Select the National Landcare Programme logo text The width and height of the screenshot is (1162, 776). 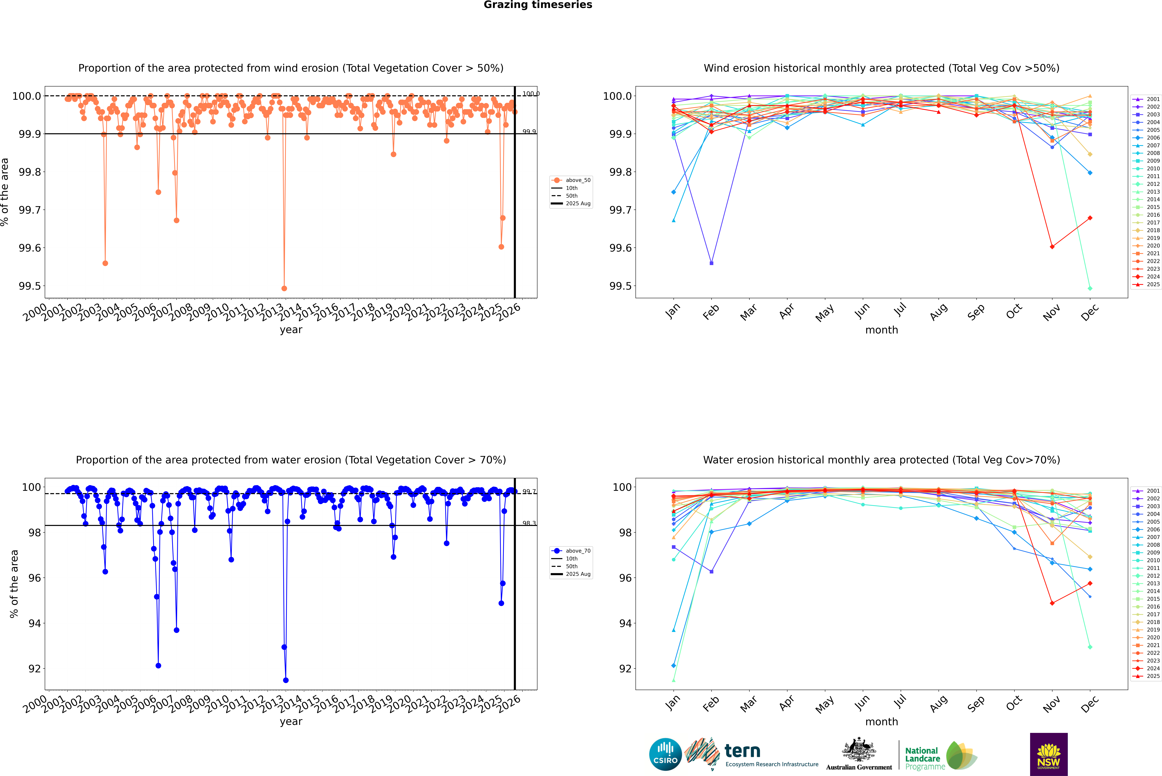[x=922, y=758]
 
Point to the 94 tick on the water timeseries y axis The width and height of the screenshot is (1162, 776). [x=35, y=623]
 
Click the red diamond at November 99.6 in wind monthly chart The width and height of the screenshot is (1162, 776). [x=1052, y=247]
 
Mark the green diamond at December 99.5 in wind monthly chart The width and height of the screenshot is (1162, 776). [x=1090, y=288]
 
